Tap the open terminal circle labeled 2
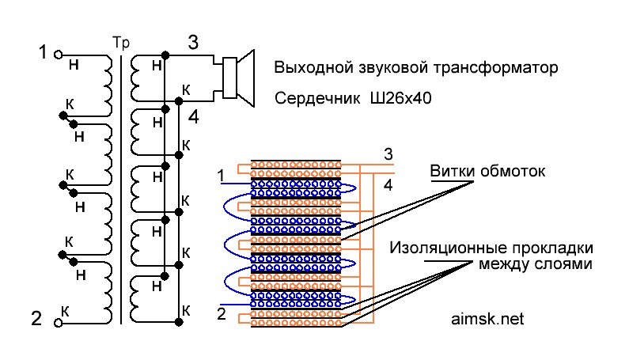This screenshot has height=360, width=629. [x=58, y=322]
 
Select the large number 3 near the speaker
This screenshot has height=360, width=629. [x=192, y=43]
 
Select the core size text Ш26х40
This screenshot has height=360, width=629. [x=400, y=100]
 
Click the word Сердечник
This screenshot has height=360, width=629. [x=316, y=100]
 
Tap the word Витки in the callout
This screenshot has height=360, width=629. [x=450, y=171]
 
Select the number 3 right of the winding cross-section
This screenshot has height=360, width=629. [x=387, y=153]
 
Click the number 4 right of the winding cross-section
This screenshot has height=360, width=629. [x=387, y=185]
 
